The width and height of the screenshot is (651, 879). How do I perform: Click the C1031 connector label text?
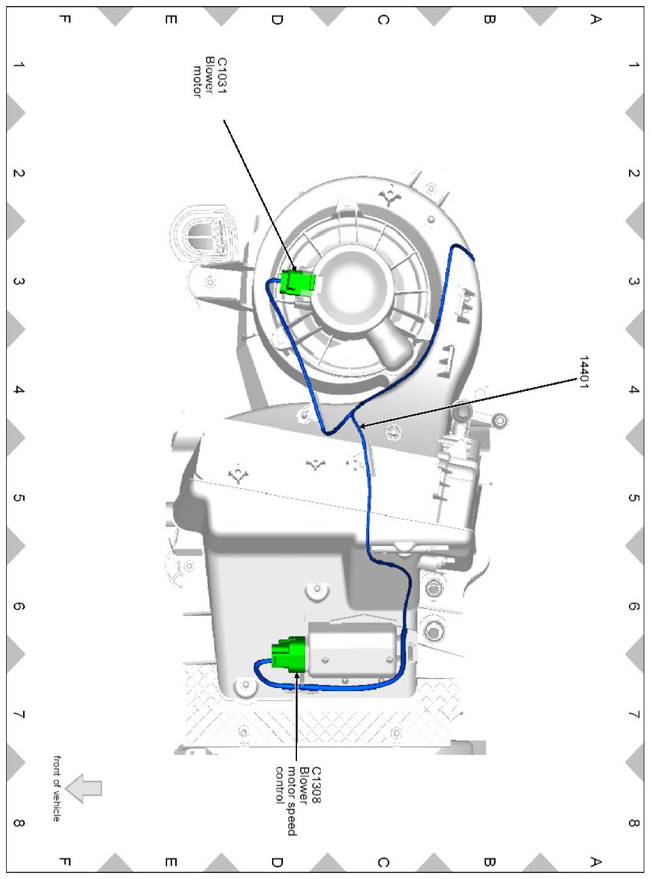pos(222,75)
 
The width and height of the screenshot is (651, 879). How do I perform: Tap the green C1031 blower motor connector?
pos(298,282)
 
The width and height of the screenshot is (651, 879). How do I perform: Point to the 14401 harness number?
pos(583,372)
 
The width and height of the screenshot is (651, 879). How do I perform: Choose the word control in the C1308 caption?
pos(279,785)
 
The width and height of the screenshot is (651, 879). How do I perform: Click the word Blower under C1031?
pos(210,73)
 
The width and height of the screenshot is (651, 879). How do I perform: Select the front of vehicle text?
pos(56,788)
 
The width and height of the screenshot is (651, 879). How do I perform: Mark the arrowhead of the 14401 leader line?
pos(362,427)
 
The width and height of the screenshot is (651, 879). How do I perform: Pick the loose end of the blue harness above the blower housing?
pos(473,258)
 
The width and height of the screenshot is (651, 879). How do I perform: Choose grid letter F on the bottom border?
pos(66,862)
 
